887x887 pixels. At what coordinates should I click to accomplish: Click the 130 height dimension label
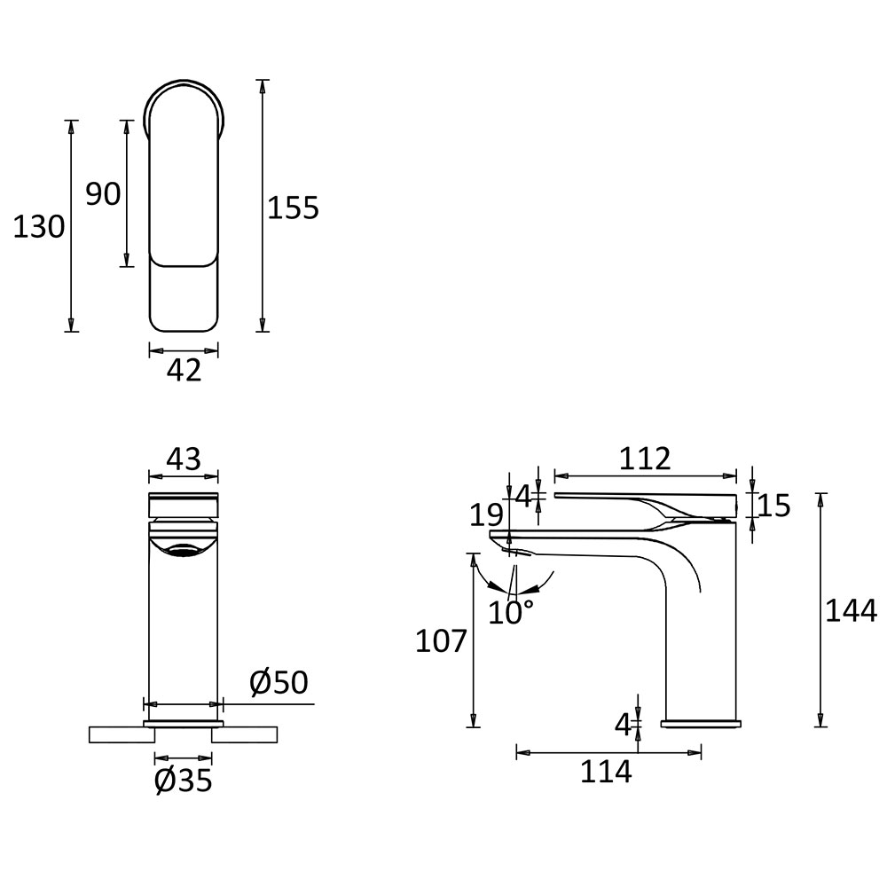(38, 227)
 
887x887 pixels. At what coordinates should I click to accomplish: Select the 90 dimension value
(103, 194)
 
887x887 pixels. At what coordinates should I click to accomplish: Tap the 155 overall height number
(293, 208)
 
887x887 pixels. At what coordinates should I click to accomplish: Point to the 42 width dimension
(184, 371)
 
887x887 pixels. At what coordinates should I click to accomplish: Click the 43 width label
(184, 459)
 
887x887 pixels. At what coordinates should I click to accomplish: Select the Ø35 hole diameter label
(184, 781)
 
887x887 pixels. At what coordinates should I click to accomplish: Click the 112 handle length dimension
(645, 459)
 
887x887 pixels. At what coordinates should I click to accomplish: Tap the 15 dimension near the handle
(773, 506)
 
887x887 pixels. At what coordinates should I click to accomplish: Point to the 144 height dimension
(852, 610)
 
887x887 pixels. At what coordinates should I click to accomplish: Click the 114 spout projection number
(606, 772)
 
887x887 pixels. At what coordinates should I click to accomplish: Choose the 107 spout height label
(441, 641)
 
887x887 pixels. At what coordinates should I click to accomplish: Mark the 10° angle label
(511, 613)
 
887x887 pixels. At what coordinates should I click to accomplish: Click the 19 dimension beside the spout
(486, 515)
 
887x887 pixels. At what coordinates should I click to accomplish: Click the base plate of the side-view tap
(701, 724)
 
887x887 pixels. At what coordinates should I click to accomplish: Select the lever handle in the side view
(646, 505)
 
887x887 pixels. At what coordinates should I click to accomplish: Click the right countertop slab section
(245, 734)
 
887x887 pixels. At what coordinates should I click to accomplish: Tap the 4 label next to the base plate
(623, 724)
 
